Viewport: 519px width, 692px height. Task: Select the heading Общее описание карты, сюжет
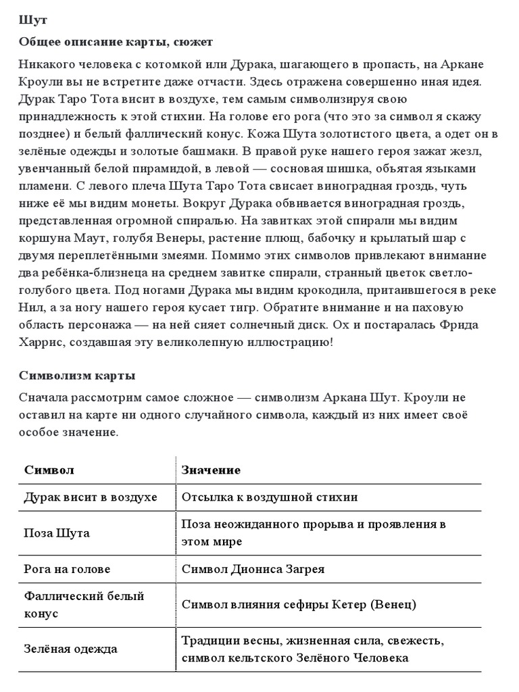point(116,43)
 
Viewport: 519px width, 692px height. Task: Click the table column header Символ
point(49,470)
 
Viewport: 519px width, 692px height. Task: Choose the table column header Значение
point(211,470)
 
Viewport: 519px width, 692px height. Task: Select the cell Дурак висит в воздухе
point(91,497)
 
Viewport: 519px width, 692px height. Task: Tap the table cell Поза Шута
point(57,533)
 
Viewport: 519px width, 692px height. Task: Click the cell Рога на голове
point(67,569)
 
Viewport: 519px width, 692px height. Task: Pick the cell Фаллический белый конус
point(84,605)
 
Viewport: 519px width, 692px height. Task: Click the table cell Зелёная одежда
point(71,649)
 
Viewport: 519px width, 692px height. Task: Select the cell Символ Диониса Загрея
point(253,569)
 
